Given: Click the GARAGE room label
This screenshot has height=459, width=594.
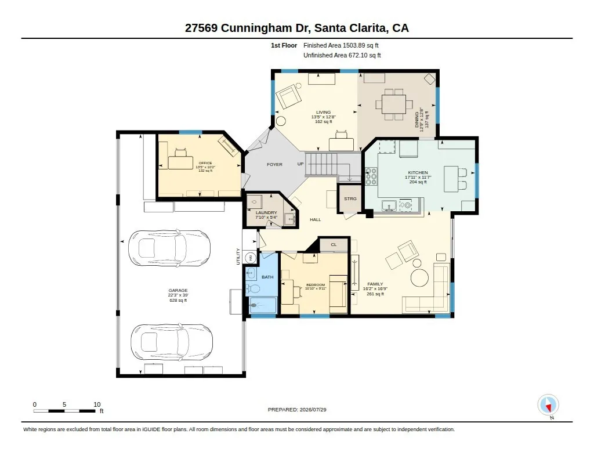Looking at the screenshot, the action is coord(178,290).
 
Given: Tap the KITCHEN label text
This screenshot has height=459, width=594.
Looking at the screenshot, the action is coord(418,172).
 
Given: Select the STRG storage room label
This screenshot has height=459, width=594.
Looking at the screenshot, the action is coord(350,198).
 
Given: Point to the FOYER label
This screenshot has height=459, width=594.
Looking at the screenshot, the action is coord(274,164).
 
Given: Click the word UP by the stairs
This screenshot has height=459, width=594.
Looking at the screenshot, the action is coord(300,164).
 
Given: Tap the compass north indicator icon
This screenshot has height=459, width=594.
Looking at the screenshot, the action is coord(548,405).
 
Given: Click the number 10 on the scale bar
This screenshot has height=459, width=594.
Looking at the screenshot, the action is coord(97,404).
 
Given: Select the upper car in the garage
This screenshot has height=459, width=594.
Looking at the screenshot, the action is coord(169,248).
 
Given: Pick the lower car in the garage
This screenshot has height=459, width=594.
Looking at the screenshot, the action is coord(172,342).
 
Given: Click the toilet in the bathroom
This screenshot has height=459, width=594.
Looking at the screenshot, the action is coord(253,289).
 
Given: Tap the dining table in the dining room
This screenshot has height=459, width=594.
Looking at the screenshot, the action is coord(394,104).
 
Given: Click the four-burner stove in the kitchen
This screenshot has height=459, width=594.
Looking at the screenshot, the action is coord(371,176).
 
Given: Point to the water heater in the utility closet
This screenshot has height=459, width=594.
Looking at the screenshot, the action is coord(251,258).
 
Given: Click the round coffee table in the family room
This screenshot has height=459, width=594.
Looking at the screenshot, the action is coord(420,277).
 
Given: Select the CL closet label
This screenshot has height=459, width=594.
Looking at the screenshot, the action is coord(334,244).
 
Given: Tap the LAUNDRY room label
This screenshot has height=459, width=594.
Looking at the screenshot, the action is coord(266,212).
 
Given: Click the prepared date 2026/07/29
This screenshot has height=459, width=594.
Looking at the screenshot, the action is coord(313,410).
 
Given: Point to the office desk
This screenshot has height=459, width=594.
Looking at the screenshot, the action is coord(181,162).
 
